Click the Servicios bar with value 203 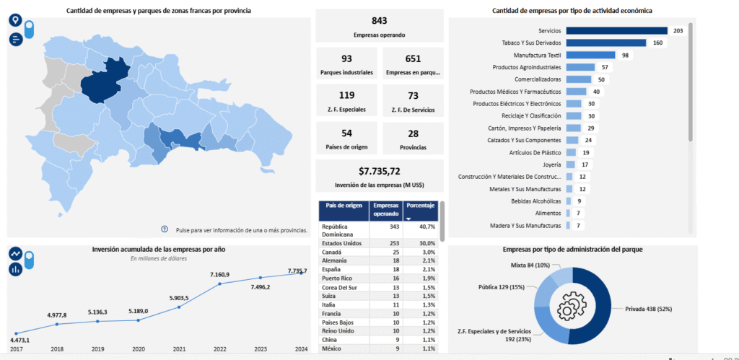coord(616,31)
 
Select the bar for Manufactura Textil coord(590,55)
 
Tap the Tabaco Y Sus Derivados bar coord(600,43)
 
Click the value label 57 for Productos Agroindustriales coord(605,67)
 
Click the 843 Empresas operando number coord(379,21)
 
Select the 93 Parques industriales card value coord(346,58)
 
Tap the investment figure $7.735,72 coord(379,171)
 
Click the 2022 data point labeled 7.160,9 coord(219,284)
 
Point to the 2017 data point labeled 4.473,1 coord(16,333)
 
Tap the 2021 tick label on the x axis coord(178,349)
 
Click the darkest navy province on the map coord(103,82)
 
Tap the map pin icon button coord(15,20)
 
